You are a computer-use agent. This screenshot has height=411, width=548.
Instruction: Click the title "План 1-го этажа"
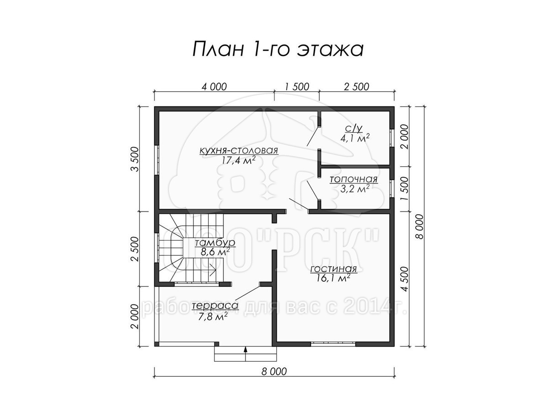coord(278,50)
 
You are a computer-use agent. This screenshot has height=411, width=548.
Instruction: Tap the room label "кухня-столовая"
coord(238,151)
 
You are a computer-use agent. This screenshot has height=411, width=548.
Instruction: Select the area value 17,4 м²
coord(238,160)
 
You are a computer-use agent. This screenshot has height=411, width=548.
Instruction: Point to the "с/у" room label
coord(354,128)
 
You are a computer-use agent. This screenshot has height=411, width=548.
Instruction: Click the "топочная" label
coord(353,179)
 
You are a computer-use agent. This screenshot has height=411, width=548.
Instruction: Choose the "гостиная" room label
coord(333,269)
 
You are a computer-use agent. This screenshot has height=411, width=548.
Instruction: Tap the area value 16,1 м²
coord(333,278)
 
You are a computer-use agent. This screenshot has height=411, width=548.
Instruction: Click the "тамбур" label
coord(215,243)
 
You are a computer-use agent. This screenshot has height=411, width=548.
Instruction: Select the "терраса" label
coord(215,306)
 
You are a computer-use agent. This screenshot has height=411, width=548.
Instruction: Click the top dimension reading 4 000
coord(214,87)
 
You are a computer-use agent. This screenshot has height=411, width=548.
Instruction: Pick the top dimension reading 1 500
coord(297,87)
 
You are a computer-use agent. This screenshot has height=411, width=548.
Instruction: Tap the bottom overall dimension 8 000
coord(274,379)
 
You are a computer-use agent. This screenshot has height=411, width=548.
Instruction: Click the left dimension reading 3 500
coord(135,159)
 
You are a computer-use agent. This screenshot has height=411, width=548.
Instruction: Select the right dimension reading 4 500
coord(405,279)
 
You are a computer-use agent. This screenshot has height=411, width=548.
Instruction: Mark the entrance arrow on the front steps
coord(245,353)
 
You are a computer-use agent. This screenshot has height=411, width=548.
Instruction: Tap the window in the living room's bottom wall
coord(333,344)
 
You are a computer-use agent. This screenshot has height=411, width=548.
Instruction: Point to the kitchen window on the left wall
coord(157,160)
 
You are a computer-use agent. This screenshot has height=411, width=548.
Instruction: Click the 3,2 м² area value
coord(355,189)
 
